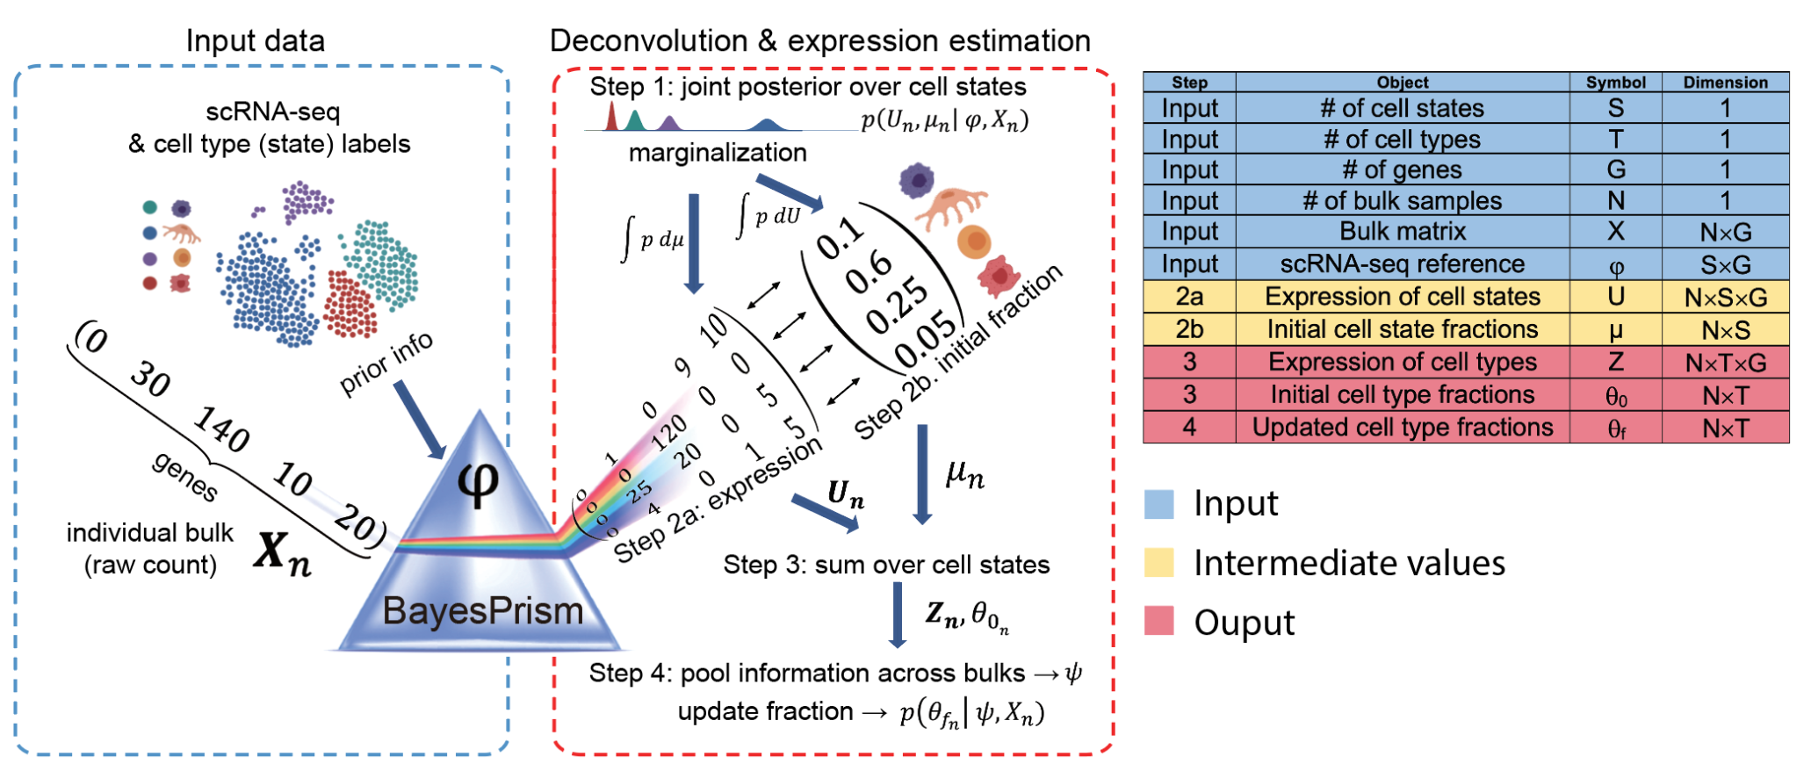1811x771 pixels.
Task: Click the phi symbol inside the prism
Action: point(479,482)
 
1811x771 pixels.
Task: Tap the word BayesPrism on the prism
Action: point(482,611)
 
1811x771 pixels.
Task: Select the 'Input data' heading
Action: point(255,41)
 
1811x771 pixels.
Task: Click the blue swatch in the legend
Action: point(1158,504)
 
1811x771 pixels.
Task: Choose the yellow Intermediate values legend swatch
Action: point(1158,563)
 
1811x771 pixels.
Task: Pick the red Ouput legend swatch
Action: point(1158,621)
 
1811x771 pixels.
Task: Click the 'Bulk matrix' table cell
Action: point(1402,232)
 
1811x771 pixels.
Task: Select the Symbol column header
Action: point(1615,83)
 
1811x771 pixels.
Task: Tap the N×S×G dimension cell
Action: point(1725,298)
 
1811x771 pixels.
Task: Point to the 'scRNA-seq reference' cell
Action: point(1402,264)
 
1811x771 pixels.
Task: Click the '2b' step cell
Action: point(1189,329)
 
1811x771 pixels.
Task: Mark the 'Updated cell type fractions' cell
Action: point(1402,428)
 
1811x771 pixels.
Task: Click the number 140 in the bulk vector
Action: point(221,429)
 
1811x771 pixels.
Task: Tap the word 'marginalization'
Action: point(717,153)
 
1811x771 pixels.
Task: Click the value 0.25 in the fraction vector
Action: point(897,305)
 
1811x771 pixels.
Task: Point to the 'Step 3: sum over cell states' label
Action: point(885,565)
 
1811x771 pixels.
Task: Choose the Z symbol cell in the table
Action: point(1615,362)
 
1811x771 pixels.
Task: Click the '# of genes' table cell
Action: point(1402,169)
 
